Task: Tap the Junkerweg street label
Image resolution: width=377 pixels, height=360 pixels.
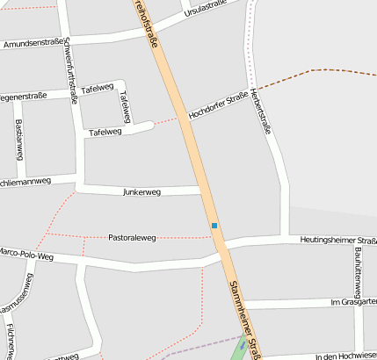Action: tap(141, 191)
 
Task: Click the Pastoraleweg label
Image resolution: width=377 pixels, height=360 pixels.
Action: tap(132, 237)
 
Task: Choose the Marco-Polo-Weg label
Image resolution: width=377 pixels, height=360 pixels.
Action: tap(28, 254)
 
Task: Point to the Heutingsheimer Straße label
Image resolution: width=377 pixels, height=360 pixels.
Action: tap(337, 241)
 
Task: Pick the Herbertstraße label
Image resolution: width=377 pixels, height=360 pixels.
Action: tap(261, 111)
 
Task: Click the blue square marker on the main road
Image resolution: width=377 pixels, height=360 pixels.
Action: tap(214, 226)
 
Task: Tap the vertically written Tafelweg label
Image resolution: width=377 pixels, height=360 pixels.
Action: tap(125, 107)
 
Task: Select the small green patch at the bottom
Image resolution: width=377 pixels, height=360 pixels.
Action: tap(239, 350)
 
